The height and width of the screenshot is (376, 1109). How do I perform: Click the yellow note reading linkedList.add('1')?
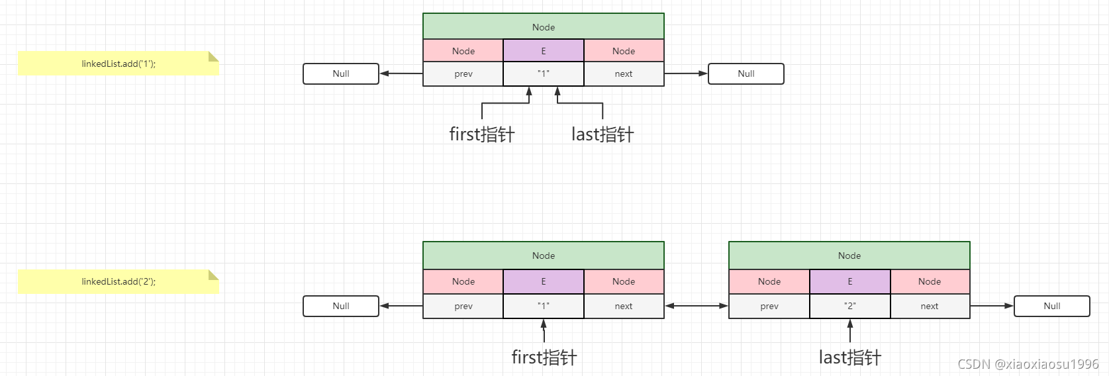(x=119, y=64)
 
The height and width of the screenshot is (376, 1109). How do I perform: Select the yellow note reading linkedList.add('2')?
(x=119, y=281)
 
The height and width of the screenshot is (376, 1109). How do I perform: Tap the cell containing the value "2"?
(x=849, y=306)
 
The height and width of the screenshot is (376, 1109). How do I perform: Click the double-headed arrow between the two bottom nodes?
(x=696, y=306)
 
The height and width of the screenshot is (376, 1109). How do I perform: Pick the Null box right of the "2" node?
(x=1051, y=306)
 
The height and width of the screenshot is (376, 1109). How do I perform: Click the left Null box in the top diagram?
(x=340, y=73)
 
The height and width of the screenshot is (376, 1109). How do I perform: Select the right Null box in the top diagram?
(x=746, y=73)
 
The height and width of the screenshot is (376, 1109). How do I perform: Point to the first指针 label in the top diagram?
(x=481, y=134)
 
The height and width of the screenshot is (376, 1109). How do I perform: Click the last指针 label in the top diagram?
(x=603, y=134)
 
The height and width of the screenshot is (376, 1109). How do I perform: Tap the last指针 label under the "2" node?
(x=849, y=357)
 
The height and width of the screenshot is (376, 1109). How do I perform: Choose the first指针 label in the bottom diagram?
(x=544, y=357)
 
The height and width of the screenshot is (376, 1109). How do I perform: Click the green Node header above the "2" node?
(x=849, y=256)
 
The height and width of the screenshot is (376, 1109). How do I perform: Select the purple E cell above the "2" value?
(x=849, y=281)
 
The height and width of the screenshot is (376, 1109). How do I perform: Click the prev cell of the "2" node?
(x=769, y=306)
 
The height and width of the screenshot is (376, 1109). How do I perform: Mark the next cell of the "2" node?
(x=929, y=306)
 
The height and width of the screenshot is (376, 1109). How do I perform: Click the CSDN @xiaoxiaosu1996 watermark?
(x=1028, y=364)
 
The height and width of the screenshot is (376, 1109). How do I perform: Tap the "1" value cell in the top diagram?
(x=543, y=74)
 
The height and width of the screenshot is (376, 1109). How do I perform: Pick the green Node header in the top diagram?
(x=543, y=26)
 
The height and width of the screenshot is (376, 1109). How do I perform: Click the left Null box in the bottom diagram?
(x=340, y=306)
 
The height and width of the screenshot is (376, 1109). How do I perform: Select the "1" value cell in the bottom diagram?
(x=543, y=306)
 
